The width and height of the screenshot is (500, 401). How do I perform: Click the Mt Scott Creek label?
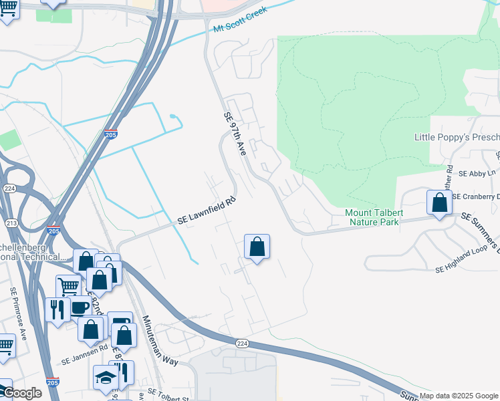240,20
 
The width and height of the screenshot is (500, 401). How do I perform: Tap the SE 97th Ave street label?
235,134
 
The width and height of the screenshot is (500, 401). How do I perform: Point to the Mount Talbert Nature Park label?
372,217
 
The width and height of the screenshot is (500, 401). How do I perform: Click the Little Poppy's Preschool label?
457,137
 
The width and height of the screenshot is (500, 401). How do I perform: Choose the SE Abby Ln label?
476,173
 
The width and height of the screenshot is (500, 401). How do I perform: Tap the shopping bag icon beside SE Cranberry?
439,202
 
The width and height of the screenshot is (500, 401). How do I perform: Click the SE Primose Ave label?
18,312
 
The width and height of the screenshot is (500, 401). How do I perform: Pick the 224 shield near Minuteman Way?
242,343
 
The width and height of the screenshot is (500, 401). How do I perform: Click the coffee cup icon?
80,307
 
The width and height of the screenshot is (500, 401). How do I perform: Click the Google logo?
21,394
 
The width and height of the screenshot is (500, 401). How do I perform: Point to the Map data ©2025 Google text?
459,396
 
